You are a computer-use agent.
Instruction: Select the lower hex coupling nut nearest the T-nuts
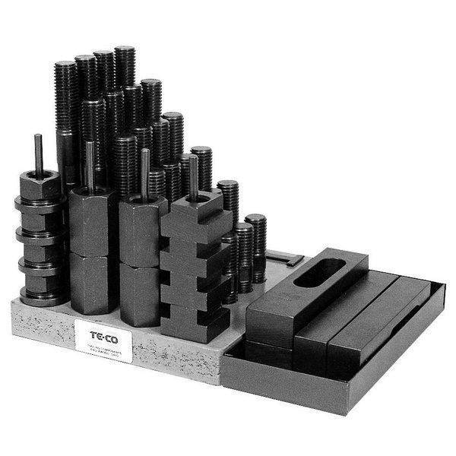pyautogui.click(x=141, y=293)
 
